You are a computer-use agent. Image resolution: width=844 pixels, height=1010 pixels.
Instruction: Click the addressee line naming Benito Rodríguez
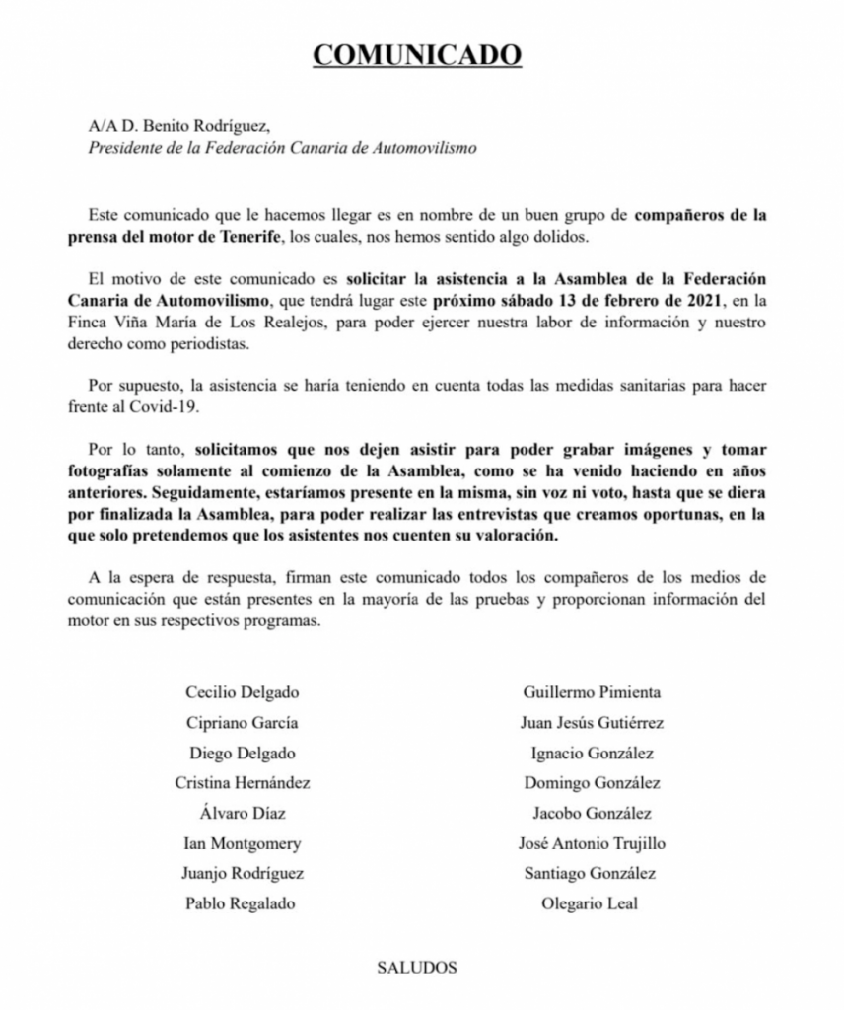coord(177,126)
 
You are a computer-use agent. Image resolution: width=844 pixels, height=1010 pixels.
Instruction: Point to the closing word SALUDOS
coord(417,967)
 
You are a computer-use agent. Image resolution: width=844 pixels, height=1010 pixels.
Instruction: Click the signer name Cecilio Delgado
coord(242,692)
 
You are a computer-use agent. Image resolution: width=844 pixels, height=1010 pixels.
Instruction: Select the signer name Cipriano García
coord(242,722)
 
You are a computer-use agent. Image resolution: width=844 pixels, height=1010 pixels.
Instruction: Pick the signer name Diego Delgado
coord(242,753)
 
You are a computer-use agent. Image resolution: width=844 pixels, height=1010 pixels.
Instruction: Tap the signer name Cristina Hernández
coord(242,783)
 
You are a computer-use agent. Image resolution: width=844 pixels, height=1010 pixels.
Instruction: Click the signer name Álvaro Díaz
coord(242,813)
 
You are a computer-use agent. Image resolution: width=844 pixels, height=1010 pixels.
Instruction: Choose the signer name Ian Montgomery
coord(242,843)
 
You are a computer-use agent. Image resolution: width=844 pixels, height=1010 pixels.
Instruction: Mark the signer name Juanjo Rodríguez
coord(242,873)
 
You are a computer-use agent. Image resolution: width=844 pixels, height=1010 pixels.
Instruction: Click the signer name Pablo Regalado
coord(242,903)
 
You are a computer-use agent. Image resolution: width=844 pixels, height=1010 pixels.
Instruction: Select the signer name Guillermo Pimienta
coord(591,692)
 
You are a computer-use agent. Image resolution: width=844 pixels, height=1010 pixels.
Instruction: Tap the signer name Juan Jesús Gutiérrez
coord(591,722)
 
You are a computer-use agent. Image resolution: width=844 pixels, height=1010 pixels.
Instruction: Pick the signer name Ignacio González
coord(591,753)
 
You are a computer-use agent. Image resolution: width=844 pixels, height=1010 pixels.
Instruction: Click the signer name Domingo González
coord(591,783)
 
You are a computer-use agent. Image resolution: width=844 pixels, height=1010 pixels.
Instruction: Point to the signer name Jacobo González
coord(591,813)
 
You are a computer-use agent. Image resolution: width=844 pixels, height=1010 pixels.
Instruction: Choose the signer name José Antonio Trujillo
coord(591,843)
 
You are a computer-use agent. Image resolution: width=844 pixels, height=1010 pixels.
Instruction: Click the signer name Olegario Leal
coord(591,903)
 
